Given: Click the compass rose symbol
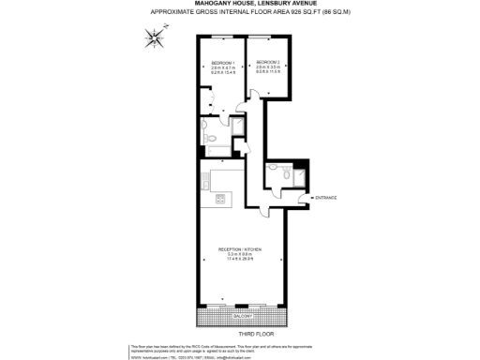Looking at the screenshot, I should coord(154,38).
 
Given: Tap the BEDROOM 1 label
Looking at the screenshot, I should coord(220,63).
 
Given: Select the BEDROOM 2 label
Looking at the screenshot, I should coord(267,63).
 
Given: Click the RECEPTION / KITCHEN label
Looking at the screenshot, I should coord(239,248).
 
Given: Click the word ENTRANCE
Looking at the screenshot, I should coord(326,198).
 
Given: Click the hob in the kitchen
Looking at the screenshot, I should coord(219,198).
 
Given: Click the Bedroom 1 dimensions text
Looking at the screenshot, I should coord(220,71).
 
